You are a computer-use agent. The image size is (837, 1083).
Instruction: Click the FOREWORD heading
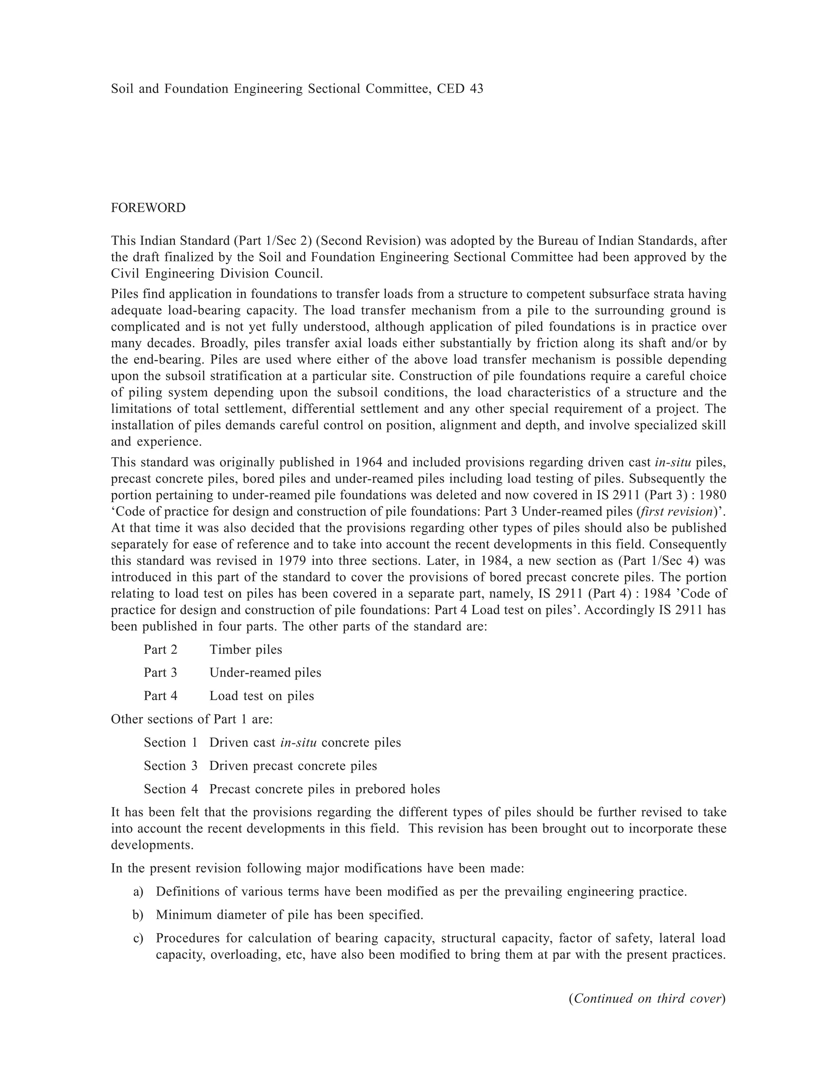click(148, 208)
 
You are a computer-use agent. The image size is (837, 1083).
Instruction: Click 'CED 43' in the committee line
click(460, 89)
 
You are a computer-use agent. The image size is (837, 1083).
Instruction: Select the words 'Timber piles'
click(246, 650)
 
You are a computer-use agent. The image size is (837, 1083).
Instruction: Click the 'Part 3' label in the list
click(160, 673)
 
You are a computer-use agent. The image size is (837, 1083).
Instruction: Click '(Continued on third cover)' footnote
click(647, 999)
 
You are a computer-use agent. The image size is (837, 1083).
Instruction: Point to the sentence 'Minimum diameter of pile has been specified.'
click(289, 915)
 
